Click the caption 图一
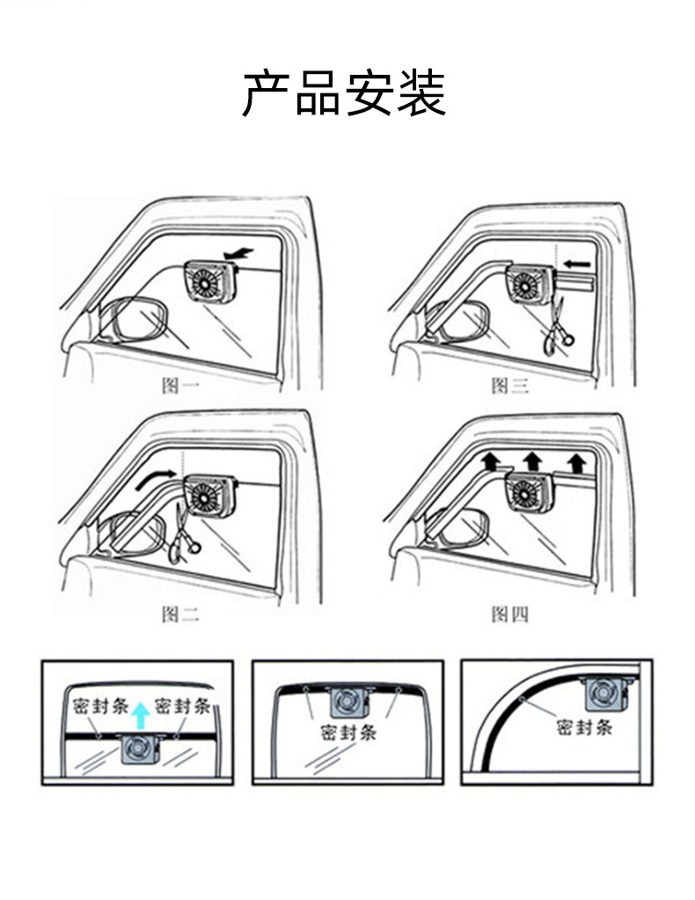(181, 385)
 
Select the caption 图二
(180, 614)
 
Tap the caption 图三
(509, 385)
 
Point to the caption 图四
(509, 614)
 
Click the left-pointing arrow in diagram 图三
(577, 262)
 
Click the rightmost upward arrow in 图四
(576, 461)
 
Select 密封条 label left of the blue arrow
(98, 705)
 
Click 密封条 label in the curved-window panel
(584, 727)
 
